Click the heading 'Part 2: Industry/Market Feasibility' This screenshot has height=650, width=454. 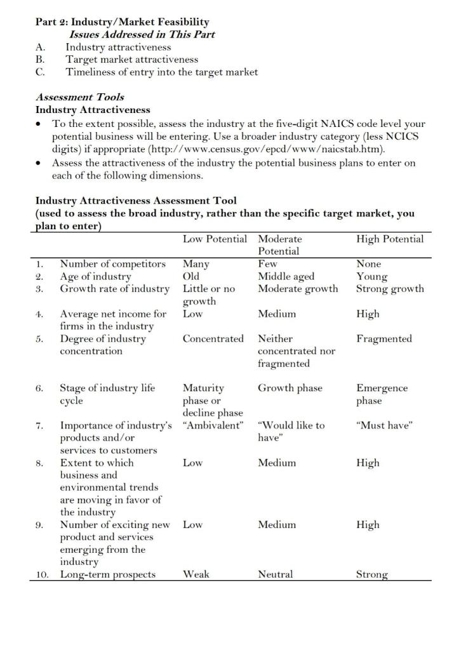122,22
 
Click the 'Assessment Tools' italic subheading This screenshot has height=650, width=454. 79,97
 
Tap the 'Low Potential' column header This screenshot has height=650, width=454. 215,239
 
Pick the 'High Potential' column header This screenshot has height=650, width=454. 390,239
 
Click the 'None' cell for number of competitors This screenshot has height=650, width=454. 369,263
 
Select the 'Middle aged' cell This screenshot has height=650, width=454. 286,276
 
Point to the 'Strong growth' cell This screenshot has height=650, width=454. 390,289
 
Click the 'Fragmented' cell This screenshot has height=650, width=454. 384,338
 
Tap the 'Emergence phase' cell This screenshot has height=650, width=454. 382,394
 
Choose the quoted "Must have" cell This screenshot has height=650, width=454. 385,425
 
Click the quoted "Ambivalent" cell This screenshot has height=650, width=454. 213,425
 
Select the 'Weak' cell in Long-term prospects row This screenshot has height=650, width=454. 196,574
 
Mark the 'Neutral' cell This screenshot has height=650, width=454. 276,574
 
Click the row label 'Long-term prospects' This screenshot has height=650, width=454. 107,574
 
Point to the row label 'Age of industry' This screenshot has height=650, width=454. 95,276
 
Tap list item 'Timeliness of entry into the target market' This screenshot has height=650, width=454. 162,72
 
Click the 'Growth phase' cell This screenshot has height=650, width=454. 290,388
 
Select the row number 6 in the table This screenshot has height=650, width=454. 39,388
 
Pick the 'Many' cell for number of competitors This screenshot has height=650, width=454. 196,263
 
